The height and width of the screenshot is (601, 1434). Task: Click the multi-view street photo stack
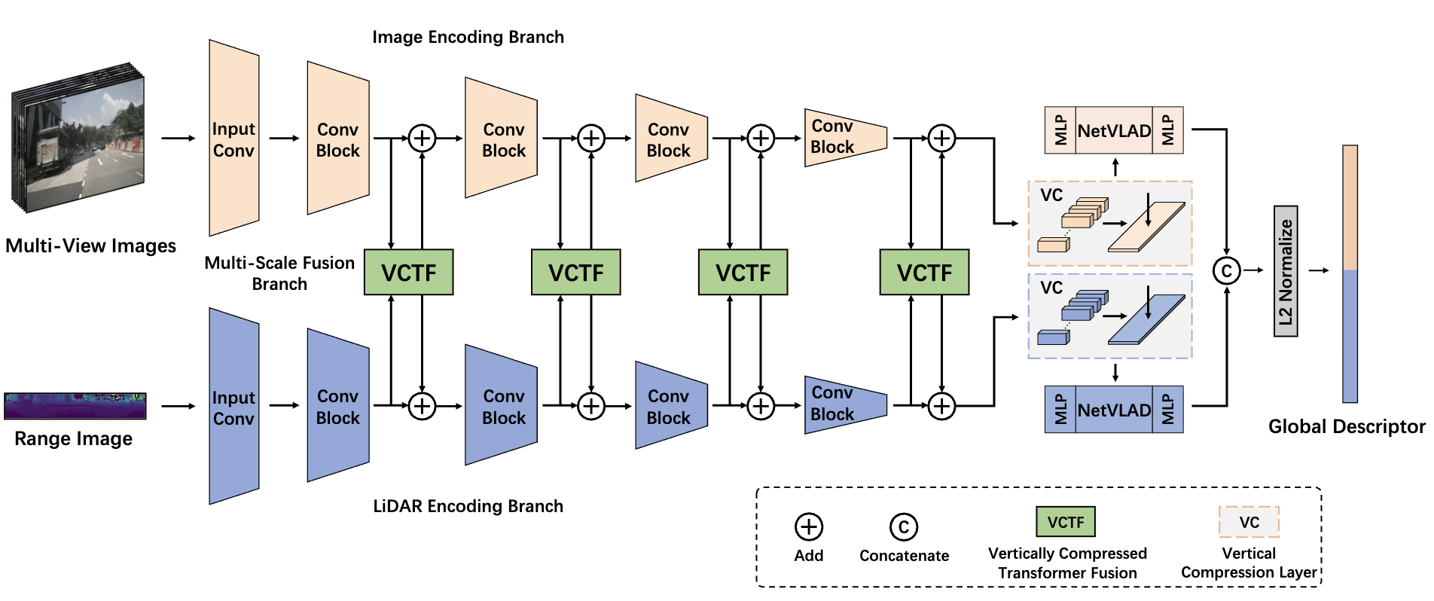click(x=78, y=137)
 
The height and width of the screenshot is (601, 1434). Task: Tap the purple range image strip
click(x=75, y=406)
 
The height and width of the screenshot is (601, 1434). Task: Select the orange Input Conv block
click(x=234, y=138)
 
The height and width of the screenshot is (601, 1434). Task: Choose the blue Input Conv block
click(x=234, y=406)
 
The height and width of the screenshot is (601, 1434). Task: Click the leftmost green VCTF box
click(x=409, y=272)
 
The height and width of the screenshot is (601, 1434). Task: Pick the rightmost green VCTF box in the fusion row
click(x=924, y=272)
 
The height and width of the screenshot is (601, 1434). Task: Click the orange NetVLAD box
click(x=1114, y=130)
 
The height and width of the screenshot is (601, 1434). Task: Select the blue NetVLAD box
click(x=1114, y=410)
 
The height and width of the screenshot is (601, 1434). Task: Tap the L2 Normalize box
click(x=1286, y=271)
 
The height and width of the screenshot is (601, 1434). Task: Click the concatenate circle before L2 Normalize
click(x=1227, y=271)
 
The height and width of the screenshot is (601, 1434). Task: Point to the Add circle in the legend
click(x=809, y=527)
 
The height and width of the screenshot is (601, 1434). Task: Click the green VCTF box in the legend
click(x=1066, y=521)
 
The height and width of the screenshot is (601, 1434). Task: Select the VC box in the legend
click(x=1249, y=522)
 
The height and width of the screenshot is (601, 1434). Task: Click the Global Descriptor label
click(x=1347, y=427)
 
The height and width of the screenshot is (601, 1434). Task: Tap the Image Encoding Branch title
click(x=468, y=37)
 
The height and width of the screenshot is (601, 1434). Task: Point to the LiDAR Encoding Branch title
click(x=468, y=506)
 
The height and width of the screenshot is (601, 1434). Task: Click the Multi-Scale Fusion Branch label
click(x=279, y=273)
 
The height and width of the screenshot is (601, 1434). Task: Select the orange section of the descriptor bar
click(x=1350, y=208)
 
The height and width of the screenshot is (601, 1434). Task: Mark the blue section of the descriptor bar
click(x=1350, y=337)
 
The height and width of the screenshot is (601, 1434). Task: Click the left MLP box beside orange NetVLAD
click(x=1060, y=130)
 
